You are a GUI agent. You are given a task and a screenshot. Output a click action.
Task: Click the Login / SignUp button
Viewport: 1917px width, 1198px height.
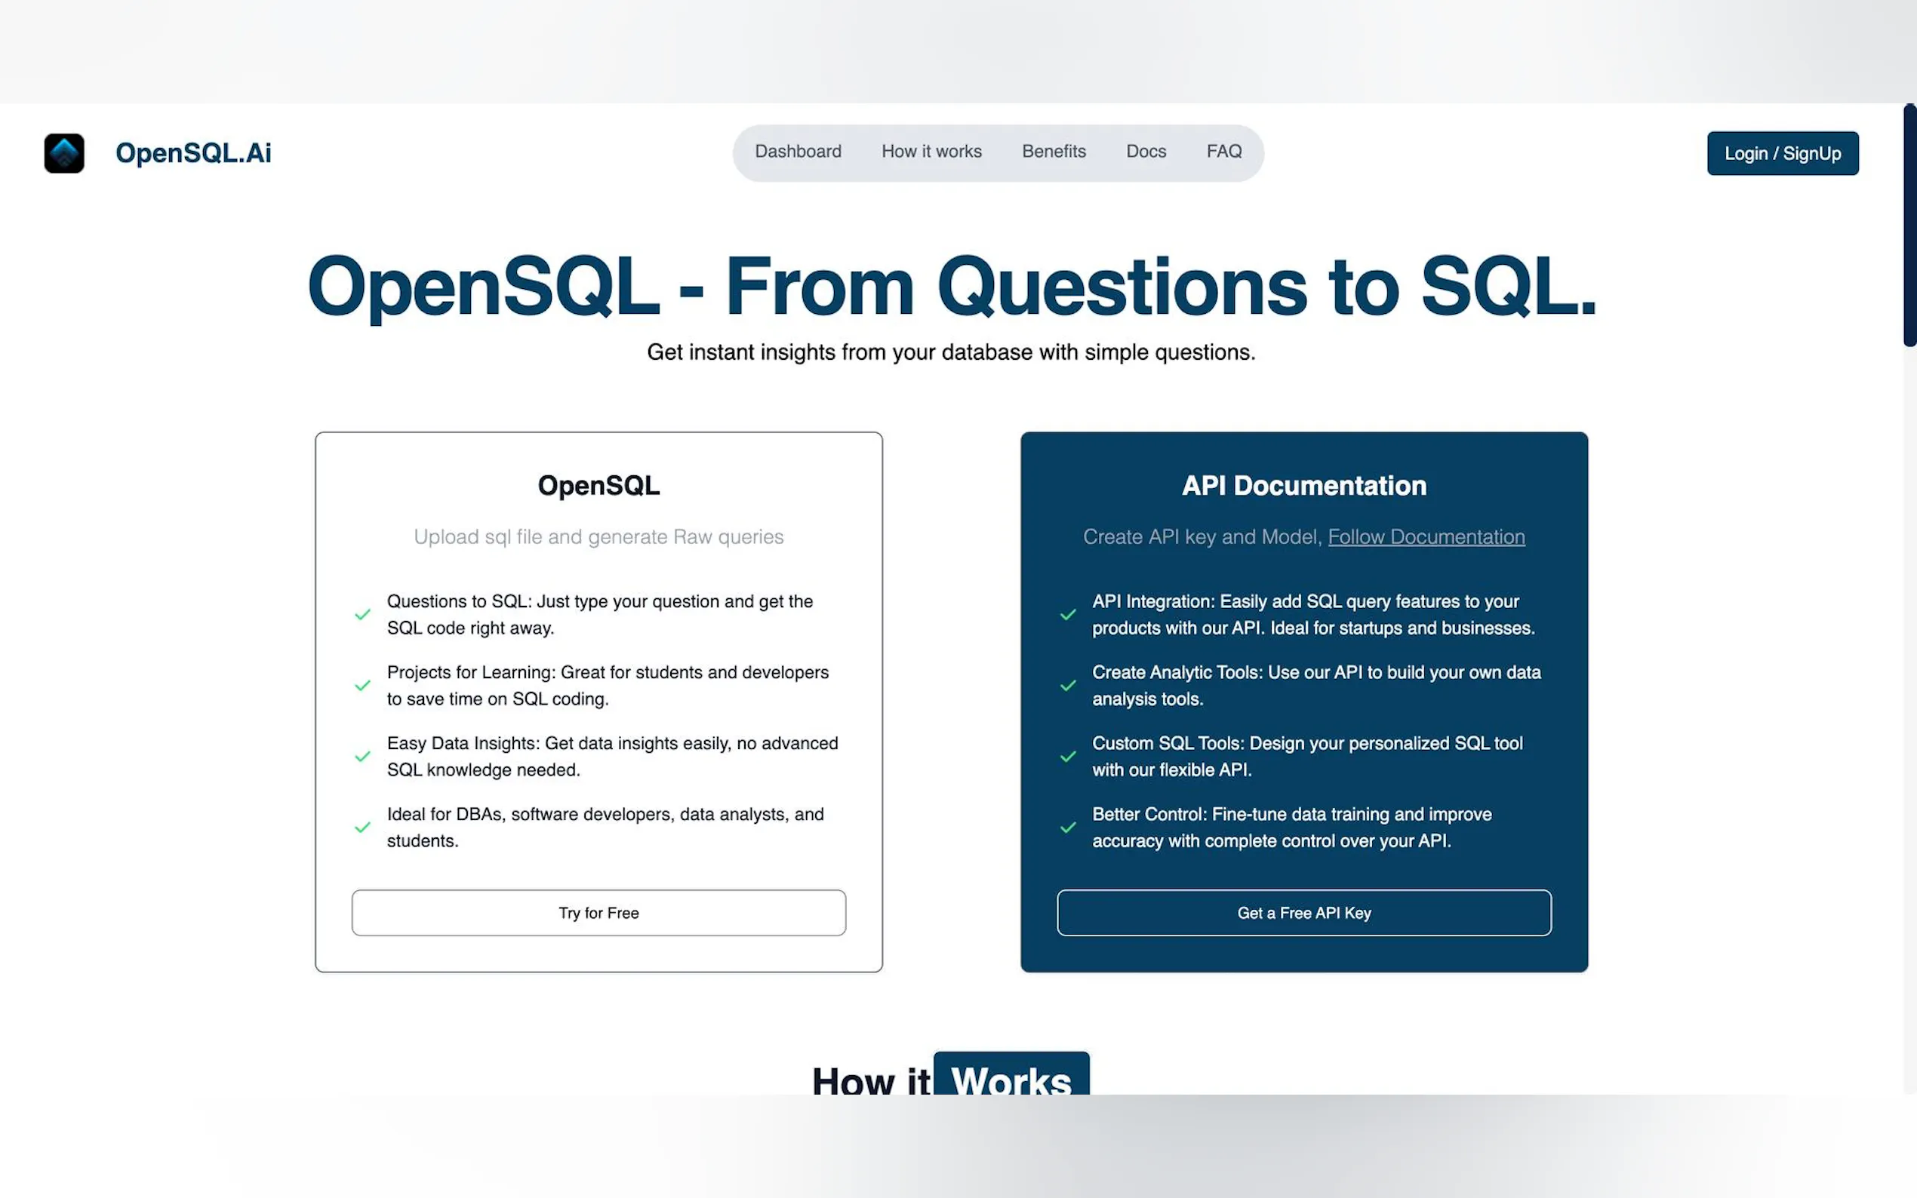point(1782,153)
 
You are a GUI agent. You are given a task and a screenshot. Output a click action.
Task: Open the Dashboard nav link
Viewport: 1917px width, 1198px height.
point(798,152)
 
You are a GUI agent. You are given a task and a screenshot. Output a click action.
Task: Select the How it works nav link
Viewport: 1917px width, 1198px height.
point(931,152)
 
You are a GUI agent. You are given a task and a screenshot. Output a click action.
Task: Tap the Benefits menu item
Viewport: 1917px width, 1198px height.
point(1053,152)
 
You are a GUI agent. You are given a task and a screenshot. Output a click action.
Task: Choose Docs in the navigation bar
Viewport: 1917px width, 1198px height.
point(1146,152)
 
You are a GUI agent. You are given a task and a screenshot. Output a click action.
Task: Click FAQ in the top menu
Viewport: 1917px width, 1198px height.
point(1223,152)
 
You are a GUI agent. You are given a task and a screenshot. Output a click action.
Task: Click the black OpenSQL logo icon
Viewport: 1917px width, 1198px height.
point(64,153)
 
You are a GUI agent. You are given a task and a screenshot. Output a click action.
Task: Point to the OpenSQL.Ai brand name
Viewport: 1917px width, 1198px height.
point(193,152)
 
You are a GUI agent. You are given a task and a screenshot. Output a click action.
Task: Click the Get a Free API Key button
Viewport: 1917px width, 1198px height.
point(1303,913)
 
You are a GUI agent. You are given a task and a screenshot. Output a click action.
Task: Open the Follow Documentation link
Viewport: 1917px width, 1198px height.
point(1426,536)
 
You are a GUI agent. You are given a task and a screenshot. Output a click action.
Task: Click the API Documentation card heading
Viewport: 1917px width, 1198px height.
point(1303,485)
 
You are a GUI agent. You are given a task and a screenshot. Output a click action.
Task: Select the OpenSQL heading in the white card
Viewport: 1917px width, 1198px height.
point(598,485)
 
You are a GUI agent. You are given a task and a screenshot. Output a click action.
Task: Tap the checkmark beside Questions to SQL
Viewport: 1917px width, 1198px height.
point(362,614)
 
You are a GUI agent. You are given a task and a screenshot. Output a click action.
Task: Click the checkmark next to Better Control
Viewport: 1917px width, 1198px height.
point(1067,827)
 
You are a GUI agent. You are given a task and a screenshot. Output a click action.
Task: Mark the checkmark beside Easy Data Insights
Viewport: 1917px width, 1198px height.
point(362,756)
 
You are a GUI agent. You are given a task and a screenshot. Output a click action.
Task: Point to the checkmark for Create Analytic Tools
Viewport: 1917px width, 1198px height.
point(1067,685)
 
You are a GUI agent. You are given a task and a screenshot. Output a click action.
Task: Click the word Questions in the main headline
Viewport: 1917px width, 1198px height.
point(1122,287)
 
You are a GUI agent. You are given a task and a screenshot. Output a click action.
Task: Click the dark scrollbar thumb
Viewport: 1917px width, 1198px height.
point(1910,225)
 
